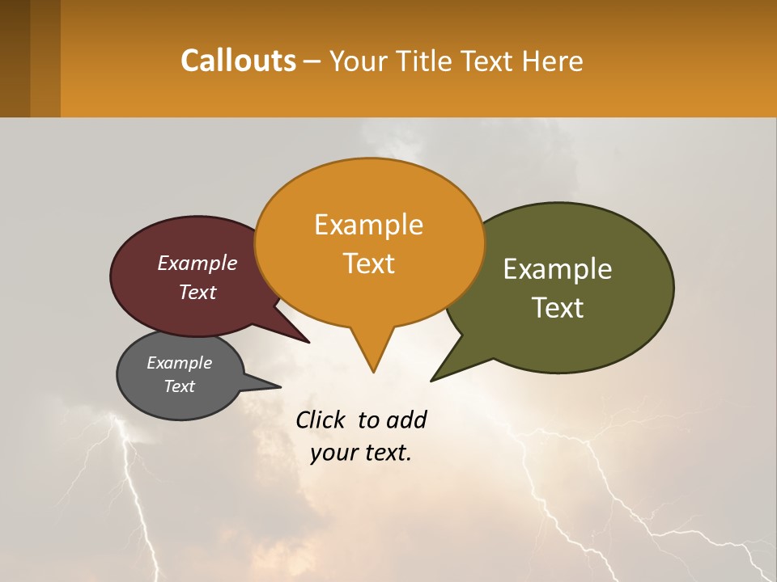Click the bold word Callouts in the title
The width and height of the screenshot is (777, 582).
click(238, 61)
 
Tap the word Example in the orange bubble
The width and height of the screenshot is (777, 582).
click(368, 225)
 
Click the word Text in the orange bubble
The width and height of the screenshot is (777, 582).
click(368, 263)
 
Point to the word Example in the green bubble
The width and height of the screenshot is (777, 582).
click(558, 269)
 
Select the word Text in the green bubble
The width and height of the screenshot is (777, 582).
click(558, 307)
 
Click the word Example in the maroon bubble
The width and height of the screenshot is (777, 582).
click(197, 263)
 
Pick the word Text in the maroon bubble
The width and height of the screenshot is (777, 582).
click(197, 292)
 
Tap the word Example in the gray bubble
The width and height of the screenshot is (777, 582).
click(179, 363)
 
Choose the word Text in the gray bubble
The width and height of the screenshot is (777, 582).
click(179, 386)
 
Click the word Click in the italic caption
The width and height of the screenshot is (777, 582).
click(321, 420)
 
